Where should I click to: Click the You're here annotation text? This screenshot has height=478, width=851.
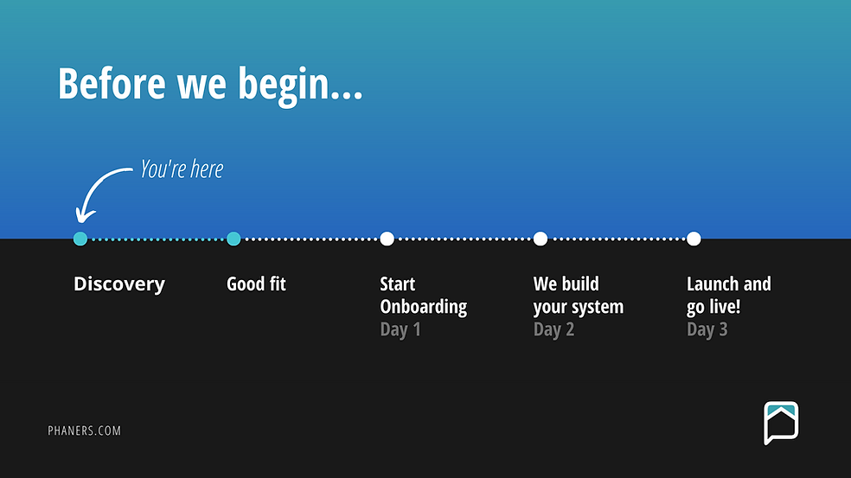(x=182, y=169)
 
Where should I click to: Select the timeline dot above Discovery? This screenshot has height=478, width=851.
(x=80, y=239)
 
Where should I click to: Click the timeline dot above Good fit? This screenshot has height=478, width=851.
(x=234, y=239)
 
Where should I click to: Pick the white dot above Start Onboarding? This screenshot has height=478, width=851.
(x=387, y=239)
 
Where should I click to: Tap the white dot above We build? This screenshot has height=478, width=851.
(x=540, y=239)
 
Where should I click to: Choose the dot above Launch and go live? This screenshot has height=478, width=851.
(x=694, y=239)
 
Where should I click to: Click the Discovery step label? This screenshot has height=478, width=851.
(x=119, y=284)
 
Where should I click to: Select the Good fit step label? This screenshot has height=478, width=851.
(x=256, y=284)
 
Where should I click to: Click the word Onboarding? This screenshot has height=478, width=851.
(x=423, y=307)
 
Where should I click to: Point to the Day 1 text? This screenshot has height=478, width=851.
(x=400, y=329)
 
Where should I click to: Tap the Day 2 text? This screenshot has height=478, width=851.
(x=553, y=329)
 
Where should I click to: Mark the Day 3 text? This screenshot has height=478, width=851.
(x=707, y=329)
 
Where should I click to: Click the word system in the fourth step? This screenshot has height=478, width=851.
(x=597, y=308)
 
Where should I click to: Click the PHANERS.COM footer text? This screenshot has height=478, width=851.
(x=85, y=430)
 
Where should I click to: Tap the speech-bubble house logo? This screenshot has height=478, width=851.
(x=781, y=423)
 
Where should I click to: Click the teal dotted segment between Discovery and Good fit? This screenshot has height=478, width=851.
(x=157, y=239)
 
